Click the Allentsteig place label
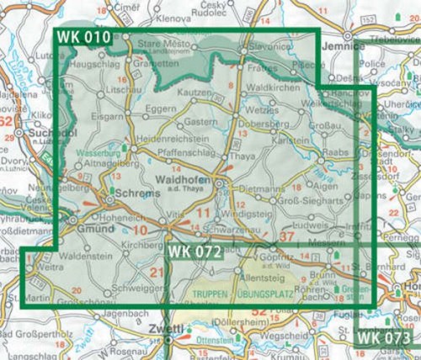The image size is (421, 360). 261,277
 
